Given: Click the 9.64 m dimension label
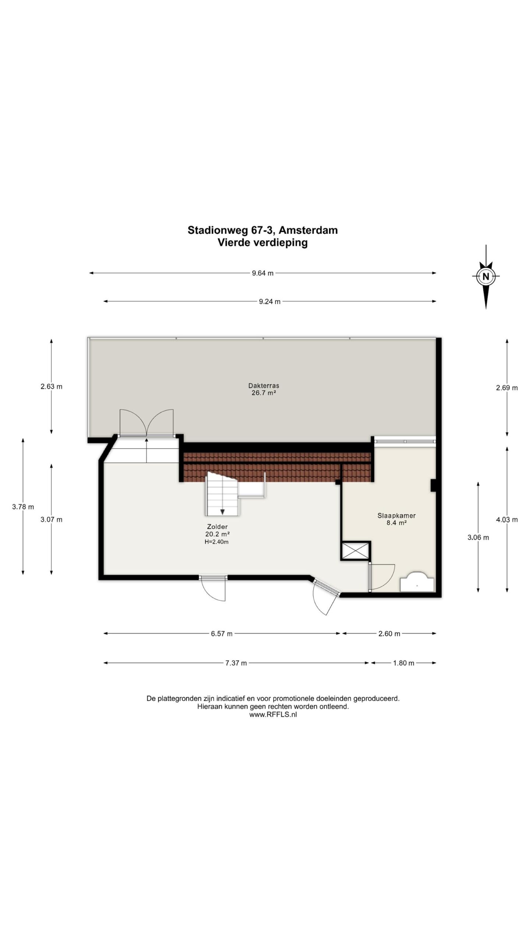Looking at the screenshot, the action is click(263, 273).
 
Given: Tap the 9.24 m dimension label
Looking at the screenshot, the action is click(269, 301).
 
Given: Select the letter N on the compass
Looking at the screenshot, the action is click(485, 276).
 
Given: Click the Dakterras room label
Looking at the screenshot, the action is click(264, 386).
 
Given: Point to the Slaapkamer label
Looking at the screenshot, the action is click(396, 516).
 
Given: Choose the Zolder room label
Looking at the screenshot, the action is click(217, 527).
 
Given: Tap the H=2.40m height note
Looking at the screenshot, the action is click(217, 542).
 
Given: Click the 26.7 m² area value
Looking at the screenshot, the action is click(264, 393).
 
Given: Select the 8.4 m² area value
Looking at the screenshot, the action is click(396, 523).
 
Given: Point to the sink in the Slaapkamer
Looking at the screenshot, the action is click(417, 582).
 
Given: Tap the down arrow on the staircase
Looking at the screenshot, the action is click(222, 512).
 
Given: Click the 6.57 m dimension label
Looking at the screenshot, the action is click(222, 634).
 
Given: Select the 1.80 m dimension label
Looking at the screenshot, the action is click(404, 663).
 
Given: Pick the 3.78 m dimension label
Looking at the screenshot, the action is click(23, 507).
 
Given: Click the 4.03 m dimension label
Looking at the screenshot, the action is click(507, 520).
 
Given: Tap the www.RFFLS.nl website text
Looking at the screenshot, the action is click(273, 714).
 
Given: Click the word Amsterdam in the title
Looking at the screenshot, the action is click(308, 230).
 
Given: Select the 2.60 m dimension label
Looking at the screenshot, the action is click(389, 634).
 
